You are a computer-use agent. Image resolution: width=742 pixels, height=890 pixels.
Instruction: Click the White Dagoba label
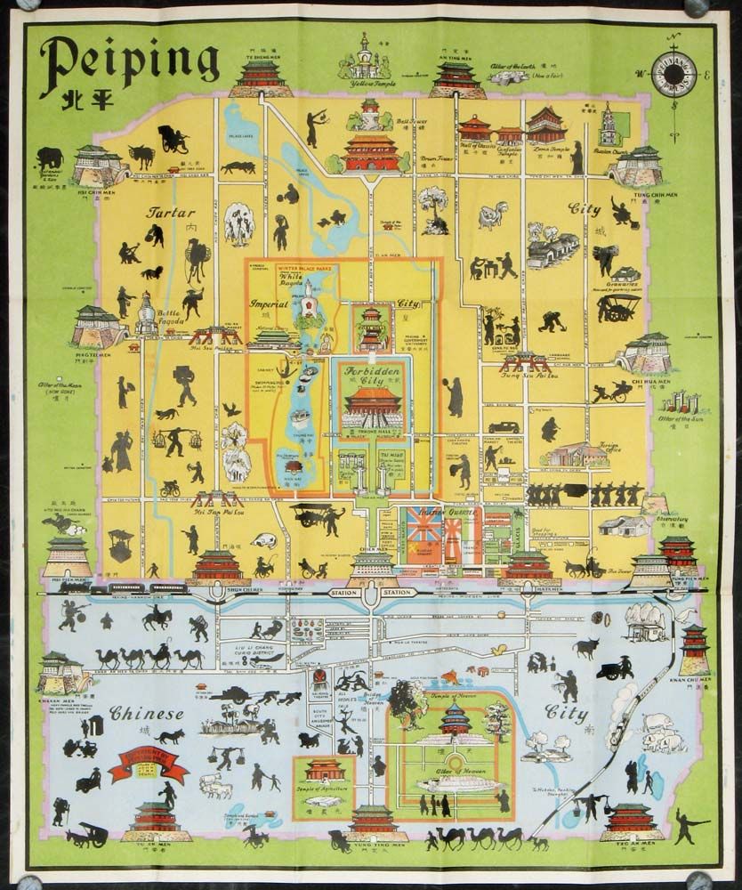[293, 281]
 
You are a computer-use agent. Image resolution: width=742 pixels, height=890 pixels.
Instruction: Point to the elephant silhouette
[50, 157]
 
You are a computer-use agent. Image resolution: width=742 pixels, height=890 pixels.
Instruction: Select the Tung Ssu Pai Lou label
[524, 375]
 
